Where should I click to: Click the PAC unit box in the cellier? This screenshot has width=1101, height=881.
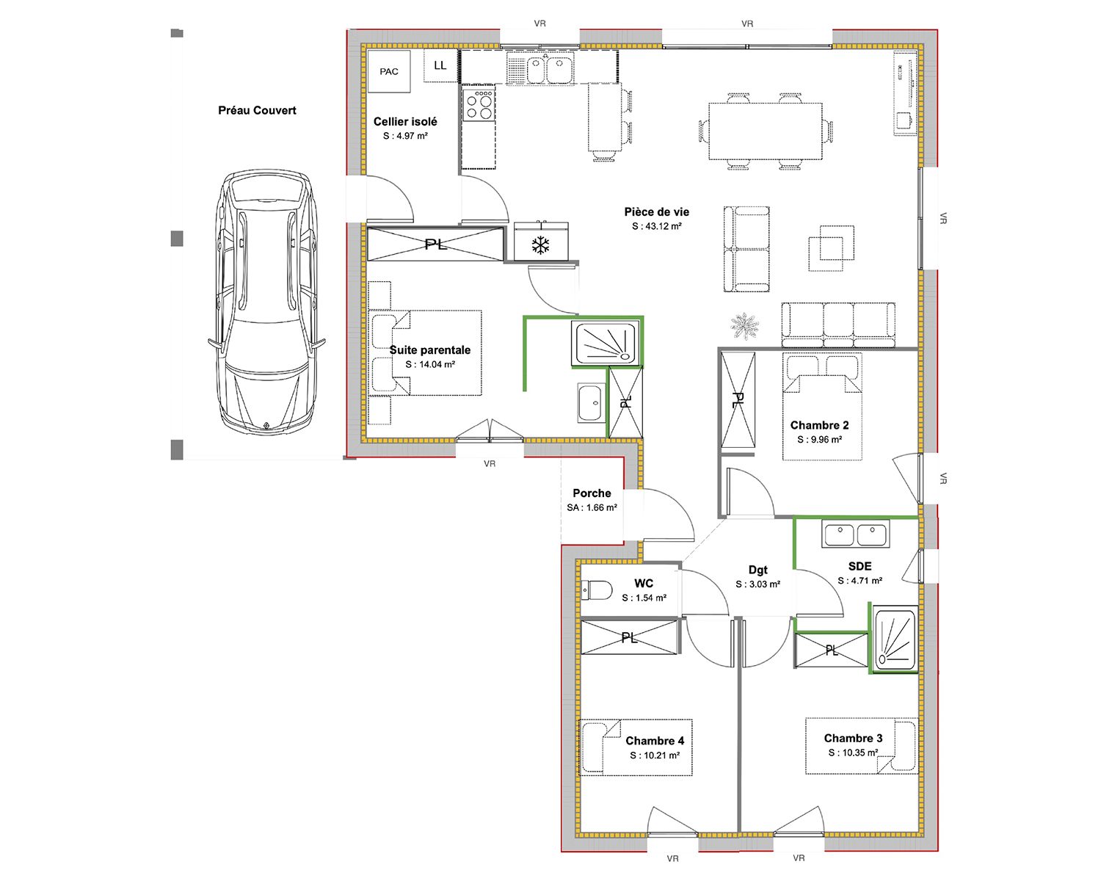click(389, 72)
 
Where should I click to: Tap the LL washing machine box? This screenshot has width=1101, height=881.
click(440, 65)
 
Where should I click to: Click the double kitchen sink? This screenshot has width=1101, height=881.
click(540, 68)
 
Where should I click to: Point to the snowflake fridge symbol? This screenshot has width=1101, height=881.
click(540, 245)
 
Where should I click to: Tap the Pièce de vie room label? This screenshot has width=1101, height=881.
click(656, 212)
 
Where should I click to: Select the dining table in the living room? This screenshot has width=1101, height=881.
click(766, 131)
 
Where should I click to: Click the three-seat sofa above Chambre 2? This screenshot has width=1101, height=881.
click(838, 325)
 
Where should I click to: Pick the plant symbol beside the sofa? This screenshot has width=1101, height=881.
click(744, 326)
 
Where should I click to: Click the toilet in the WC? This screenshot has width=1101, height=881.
click(597, 590)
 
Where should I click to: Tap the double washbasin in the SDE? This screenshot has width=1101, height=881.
click(855, 534)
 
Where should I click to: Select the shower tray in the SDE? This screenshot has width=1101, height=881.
click(895, 638)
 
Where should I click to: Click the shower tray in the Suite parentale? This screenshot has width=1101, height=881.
click(606, 342)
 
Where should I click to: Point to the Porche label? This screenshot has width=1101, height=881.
click(592, 493)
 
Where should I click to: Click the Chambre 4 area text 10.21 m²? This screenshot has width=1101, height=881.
click(655, 755)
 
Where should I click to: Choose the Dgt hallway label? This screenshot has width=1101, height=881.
click(757, 570)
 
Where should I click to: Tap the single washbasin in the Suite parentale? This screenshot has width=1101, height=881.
click(590, 403)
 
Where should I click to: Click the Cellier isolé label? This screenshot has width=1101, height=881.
click(405, 122)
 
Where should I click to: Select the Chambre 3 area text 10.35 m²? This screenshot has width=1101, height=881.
click(854, 753)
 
